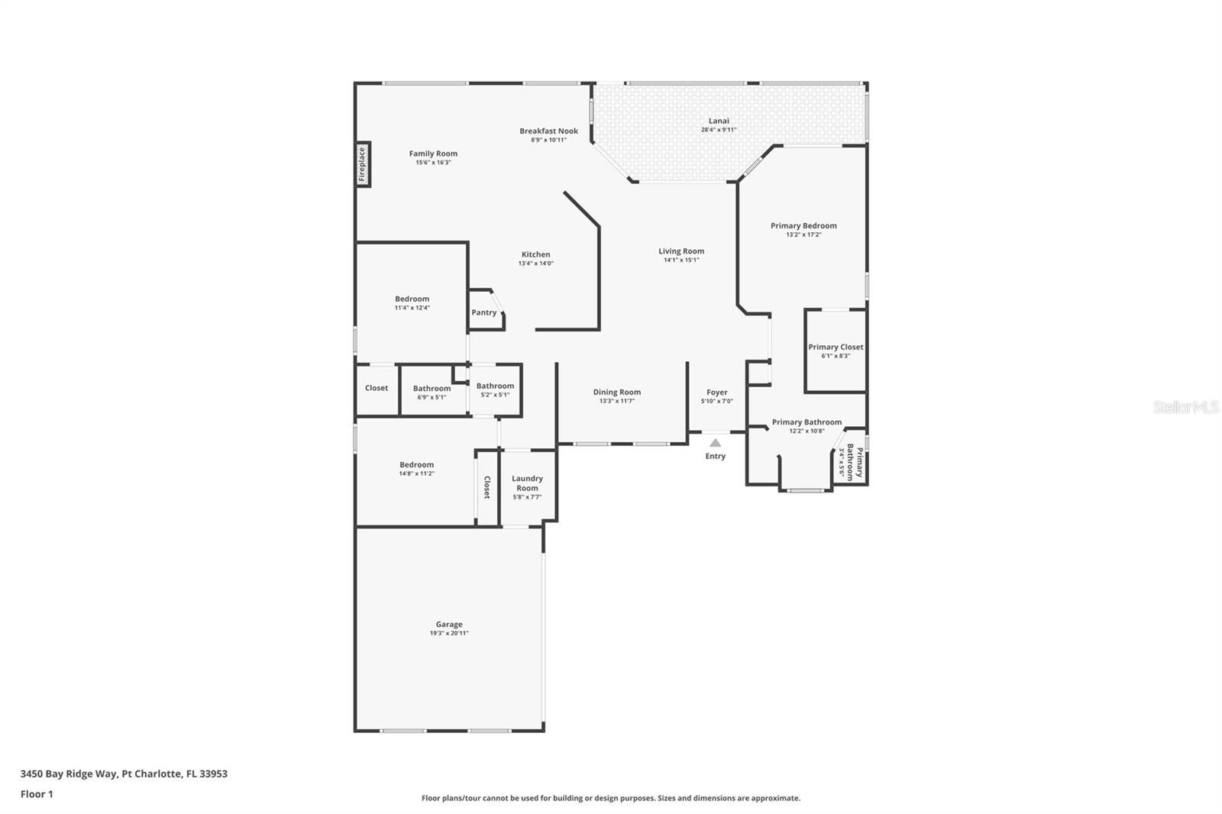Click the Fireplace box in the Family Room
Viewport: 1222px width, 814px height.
point(363,164)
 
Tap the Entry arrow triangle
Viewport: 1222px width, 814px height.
point(715,443)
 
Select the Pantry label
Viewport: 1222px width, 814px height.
point(483,312)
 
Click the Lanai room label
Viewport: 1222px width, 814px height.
point(719,121)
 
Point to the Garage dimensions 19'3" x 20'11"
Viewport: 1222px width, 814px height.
point(449,633)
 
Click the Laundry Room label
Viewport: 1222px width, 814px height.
point(527,483)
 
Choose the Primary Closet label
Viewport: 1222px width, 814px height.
point(836,347)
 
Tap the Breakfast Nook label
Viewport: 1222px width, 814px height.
point(548,131)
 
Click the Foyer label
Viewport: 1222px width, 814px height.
point(716,392)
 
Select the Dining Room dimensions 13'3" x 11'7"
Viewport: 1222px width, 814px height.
point(617,401)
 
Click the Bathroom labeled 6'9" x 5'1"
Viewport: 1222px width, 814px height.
point(432,389)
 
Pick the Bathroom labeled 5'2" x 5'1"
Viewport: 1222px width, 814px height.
point(495,386)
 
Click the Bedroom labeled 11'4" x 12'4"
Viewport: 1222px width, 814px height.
point(412,299)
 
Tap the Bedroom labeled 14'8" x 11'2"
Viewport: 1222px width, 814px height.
point(416,465)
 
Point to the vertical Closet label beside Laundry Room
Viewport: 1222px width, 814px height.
point(487,488)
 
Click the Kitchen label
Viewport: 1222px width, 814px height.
point(535,254)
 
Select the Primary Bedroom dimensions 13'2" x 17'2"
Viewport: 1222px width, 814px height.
point(803,234)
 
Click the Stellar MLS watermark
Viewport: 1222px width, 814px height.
point(1185,408)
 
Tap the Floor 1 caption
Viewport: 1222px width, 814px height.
point(37,794)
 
